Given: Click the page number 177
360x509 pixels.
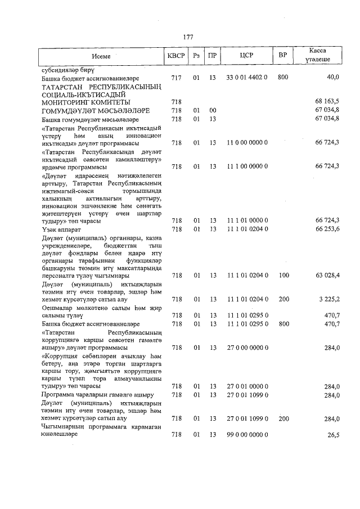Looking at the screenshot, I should coord(188,37).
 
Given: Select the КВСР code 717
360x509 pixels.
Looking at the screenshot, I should coord(176,77).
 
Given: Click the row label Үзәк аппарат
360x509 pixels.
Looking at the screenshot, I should coord(64,229).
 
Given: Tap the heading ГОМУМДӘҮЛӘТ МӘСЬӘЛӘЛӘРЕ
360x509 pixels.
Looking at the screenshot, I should coord(94,111).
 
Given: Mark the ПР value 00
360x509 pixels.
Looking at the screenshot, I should coord(213,111).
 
